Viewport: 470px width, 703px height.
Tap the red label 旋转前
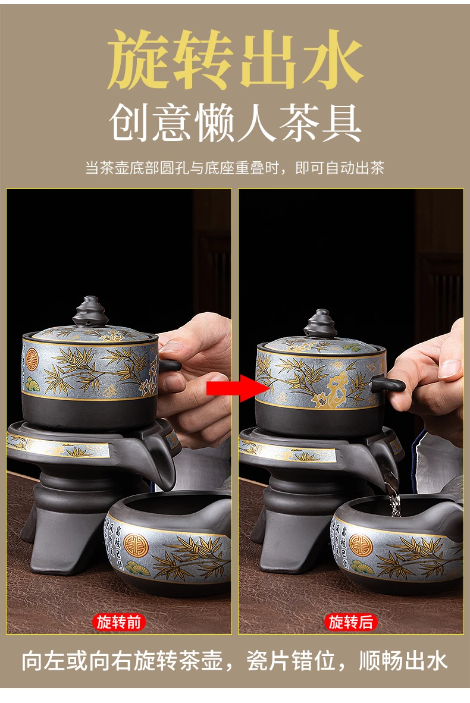(x=119, y=622)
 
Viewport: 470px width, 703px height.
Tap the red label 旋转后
(x=350, y=622)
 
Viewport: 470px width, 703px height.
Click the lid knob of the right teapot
(x=321, y=324)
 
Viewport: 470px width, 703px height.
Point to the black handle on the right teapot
(x=388, y=384)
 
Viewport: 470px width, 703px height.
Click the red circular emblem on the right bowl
(x=361, y=544)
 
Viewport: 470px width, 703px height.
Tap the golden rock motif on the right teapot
(x=336, y=387)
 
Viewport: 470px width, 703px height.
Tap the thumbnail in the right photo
(x=450, y=369)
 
